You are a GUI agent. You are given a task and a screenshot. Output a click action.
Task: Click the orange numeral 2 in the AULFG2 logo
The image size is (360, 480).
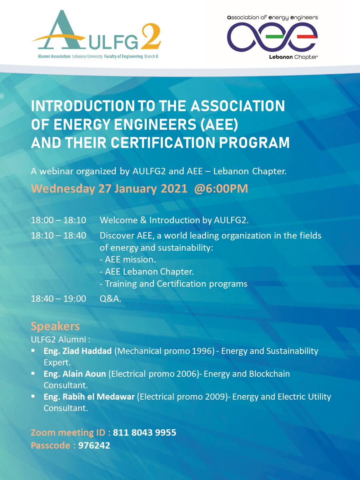tap(151, 36)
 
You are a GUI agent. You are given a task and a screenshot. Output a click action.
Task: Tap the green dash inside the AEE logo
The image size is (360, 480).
tap(275, 37)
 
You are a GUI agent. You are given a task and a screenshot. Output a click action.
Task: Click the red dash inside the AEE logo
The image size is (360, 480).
tap(307, 37)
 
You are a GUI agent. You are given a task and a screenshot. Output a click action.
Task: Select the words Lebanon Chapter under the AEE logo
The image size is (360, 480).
tap(293, 57)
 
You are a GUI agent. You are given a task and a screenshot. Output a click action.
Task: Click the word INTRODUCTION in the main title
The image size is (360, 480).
tap(83, 106)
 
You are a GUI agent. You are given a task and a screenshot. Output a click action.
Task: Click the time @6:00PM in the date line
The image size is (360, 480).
tap(221, 189)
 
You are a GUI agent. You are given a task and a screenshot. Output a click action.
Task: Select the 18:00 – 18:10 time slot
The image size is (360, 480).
tap(59, 220)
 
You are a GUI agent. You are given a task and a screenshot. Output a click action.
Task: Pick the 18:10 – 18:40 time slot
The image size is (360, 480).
tap(59, 235)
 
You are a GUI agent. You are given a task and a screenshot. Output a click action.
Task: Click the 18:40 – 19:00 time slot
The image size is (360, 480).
tap(59, 299)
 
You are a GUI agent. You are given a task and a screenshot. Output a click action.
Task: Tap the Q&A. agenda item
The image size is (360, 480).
tap(110, 299)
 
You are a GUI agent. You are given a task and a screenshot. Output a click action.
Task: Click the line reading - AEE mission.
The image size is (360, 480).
tap(128, 260)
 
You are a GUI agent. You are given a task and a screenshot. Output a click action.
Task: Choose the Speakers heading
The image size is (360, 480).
tap(55, 326)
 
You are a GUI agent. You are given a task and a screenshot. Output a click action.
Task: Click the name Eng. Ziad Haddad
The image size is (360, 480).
tap(77, 351)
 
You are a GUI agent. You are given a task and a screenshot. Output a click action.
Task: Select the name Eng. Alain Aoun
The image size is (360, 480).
tap(75, 374)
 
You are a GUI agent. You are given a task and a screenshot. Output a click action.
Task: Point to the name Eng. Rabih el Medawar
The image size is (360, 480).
tap(89, 397)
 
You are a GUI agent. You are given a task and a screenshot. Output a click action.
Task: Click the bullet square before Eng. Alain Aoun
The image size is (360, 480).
tap(33, 373)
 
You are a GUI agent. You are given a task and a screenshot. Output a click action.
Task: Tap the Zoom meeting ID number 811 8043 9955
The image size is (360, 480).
tap(145, 432)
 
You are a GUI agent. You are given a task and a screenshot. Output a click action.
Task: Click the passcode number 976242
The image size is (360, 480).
tap(94, 445)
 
